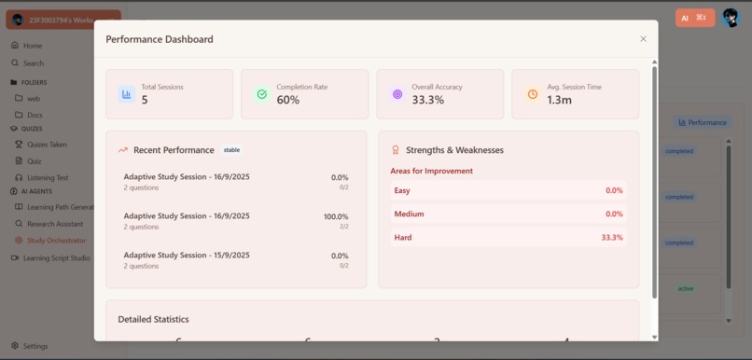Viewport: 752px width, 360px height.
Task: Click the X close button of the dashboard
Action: [x=643, y=39]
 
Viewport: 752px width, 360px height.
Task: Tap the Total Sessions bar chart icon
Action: [x=126, y=94]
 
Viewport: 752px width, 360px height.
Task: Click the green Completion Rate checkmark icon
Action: [x=261, y=94]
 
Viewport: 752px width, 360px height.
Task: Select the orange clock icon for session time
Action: [x=532, y=94]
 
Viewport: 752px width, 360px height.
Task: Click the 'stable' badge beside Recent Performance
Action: [x=231, y=150]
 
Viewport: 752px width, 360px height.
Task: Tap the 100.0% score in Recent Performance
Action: [x=336, y=216]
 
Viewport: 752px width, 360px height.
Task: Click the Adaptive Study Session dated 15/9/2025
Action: [x=187, y=255]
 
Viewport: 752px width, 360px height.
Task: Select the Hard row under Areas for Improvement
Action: [x=508, y=238]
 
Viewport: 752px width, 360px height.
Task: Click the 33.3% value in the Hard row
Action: [x=612, y=238]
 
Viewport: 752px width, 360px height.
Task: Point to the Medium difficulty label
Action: [x=409, y=214]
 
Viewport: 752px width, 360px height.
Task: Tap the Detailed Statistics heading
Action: [x=153, y=319]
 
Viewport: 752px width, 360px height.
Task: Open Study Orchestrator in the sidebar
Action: [x=56, y=241]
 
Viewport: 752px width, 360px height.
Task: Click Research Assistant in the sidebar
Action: [x=55, y=224]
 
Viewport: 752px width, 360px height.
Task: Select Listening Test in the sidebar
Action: [x=48, y=177]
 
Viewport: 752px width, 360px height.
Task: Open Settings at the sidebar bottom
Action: [x=35, y=346]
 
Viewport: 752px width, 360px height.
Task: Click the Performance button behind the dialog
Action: [x=703, y=122]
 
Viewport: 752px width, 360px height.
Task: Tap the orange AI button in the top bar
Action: [x=694, y=18]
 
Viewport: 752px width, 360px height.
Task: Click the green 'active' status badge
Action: [x=686, y=288]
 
